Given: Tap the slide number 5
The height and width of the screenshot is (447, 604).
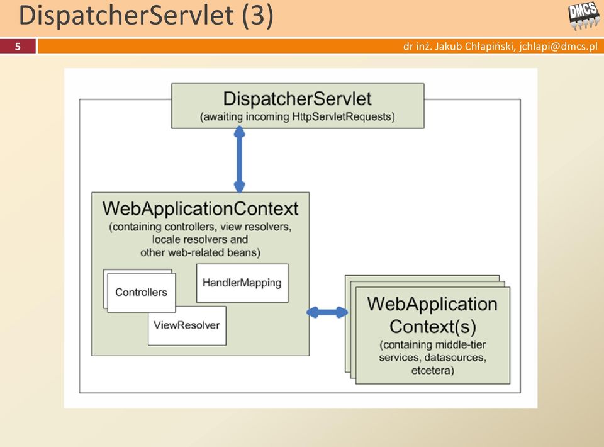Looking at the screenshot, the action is (18, 47).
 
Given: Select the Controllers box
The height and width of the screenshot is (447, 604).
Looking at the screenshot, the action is (142, 293).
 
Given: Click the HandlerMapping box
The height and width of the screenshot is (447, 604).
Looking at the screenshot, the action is (242, 283).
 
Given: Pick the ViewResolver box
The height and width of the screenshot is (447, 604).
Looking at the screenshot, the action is (187, 325).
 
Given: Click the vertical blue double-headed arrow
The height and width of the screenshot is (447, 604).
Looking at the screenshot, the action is (239, 159).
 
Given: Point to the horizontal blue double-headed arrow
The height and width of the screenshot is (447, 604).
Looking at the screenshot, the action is (327, 312).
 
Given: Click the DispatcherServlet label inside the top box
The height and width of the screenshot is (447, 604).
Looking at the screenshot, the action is (298, 99).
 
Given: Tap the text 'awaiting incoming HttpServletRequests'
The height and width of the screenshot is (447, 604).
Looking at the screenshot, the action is (298, 116).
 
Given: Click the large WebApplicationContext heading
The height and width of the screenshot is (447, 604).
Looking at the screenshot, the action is (200, 208).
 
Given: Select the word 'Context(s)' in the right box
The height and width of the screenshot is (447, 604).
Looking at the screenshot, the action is (433, 327).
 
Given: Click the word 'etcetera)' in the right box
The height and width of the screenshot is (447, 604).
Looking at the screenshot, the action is (433, 371).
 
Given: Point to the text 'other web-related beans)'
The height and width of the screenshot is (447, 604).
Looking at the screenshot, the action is (200, 253).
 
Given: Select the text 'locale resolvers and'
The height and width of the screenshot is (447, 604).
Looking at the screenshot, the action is (200, 240).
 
